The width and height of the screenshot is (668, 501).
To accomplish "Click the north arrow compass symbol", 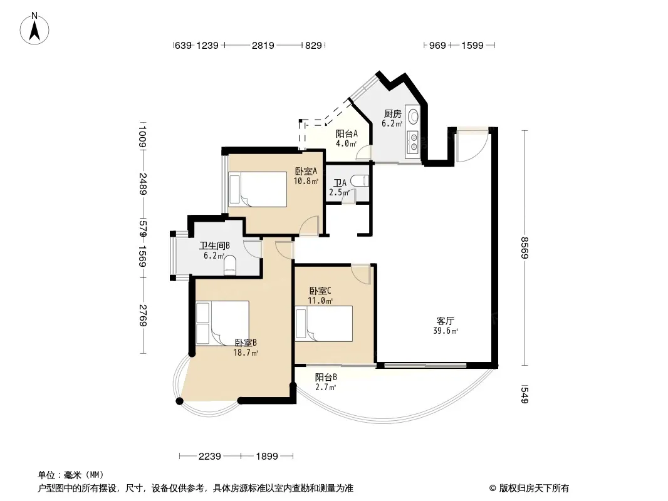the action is tap(34, 29).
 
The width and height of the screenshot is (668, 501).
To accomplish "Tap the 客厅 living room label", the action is tap(445, 321).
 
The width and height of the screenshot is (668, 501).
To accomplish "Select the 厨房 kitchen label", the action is tap(392, 113).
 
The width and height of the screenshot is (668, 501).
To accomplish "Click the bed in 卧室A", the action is tap(258, 189).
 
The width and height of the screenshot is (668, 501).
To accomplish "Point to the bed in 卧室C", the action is tap(324, 324).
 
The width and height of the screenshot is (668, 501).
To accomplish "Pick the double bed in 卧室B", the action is tap(222, 323).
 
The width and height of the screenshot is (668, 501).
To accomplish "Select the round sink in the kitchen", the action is tap(413, 116).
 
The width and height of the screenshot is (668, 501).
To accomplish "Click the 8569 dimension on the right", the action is tap(524, 248).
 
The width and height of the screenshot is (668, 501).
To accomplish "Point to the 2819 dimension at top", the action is tap(263, 45).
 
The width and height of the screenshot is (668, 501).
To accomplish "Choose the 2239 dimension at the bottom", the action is tap(209, 457).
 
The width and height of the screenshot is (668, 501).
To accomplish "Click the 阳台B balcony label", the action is tap(326, 377).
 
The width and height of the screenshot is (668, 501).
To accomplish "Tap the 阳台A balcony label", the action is tap(347, 133).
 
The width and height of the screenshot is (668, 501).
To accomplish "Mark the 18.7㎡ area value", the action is tap(246, 353).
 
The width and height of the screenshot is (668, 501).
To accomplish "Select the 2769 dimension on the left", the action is tap(142, 316).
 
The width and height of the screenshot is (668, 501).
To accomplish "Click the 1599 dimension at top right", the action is tap(472, 45).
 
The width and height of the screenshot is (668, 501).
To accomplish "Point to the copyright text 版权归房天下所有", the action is tap(534, 488).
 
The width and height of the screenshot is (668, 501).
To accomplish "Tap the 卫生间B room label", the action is tap(215, 245).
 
